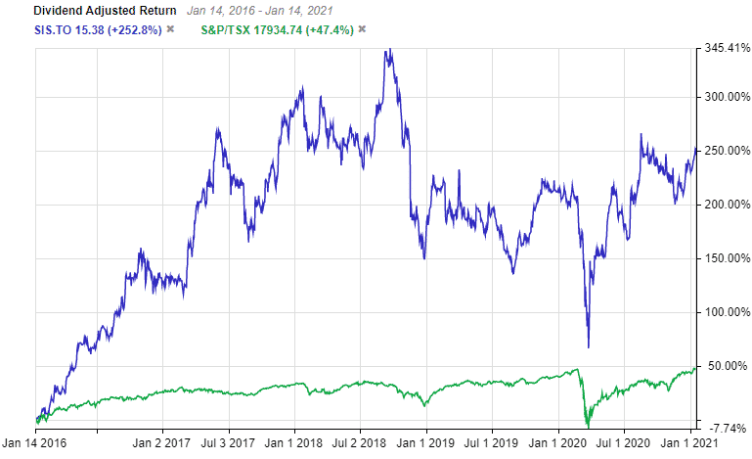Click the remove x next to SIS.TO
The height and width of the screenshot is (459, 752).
coord(170,28)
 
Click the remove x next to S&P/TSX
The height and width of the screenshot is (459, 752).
coord(362,28)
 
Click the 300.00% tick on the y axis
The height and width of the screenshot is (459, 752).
coord(723,97)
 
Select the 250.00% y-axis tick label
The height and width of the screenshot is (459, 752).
coord(723,151)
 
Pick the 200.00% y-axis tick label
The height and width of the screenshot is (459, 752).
coord(723,205)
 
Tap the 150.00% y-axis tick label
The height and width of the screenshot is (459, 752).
coord(723,258)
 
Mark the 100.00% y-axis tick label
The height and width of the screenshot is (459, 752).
coord(723,312)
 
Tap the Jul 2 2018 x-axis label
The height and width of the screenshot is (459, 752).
coord(359,442)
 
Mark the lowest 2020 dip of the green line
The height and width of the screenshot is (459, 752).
coord(588,426)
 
